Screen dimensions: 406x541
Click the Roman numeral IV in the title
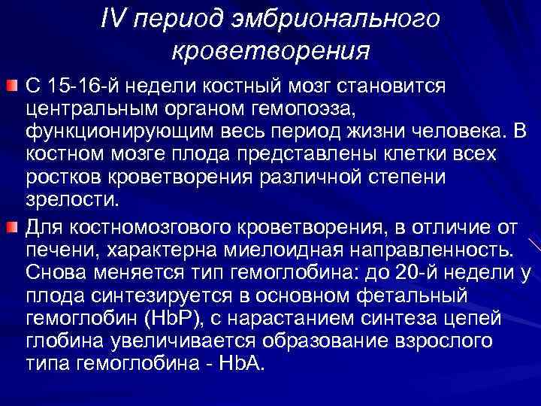tap(110, 20)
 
